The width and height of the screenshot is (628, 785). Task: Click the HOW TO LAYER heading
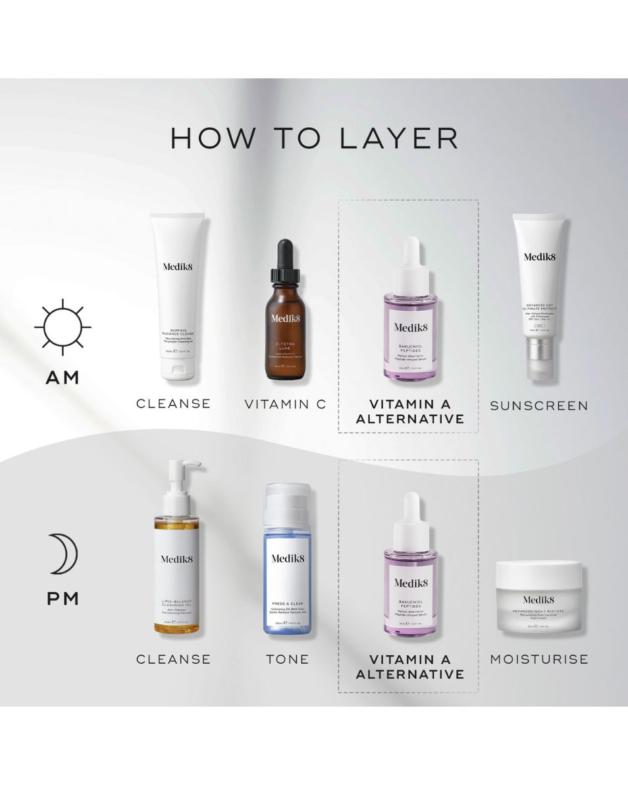tap(314, 138)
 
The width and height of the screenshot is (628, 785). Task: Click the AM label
tap(63, 377)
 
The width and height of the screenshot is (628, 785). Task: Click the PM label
tap(63, 599)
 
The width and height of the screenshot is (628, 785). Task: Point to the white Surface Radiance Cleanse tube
tap(174, 296)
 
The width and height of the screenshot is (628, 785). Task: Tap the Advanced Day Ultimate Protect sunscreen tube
tap(539, 296)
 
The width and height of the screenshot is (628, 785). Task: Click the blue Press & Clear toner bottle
tap(288, 566)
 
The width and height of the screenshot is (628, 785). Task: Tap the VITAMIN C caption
tap(284, 404)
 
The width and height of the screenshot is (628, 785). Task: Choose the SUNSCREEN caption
tap(539, 406)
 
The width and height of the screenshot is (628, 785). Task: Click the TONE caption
tap(287, 659)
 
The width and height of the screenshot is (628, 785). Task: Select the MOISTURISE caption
tap(539, 659)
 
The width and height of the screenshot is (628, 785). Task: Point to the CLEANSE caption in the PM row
tap(174, 659)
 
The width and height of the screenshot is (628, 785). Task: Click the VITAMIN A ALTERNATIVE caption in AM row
tap(409, 412)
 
